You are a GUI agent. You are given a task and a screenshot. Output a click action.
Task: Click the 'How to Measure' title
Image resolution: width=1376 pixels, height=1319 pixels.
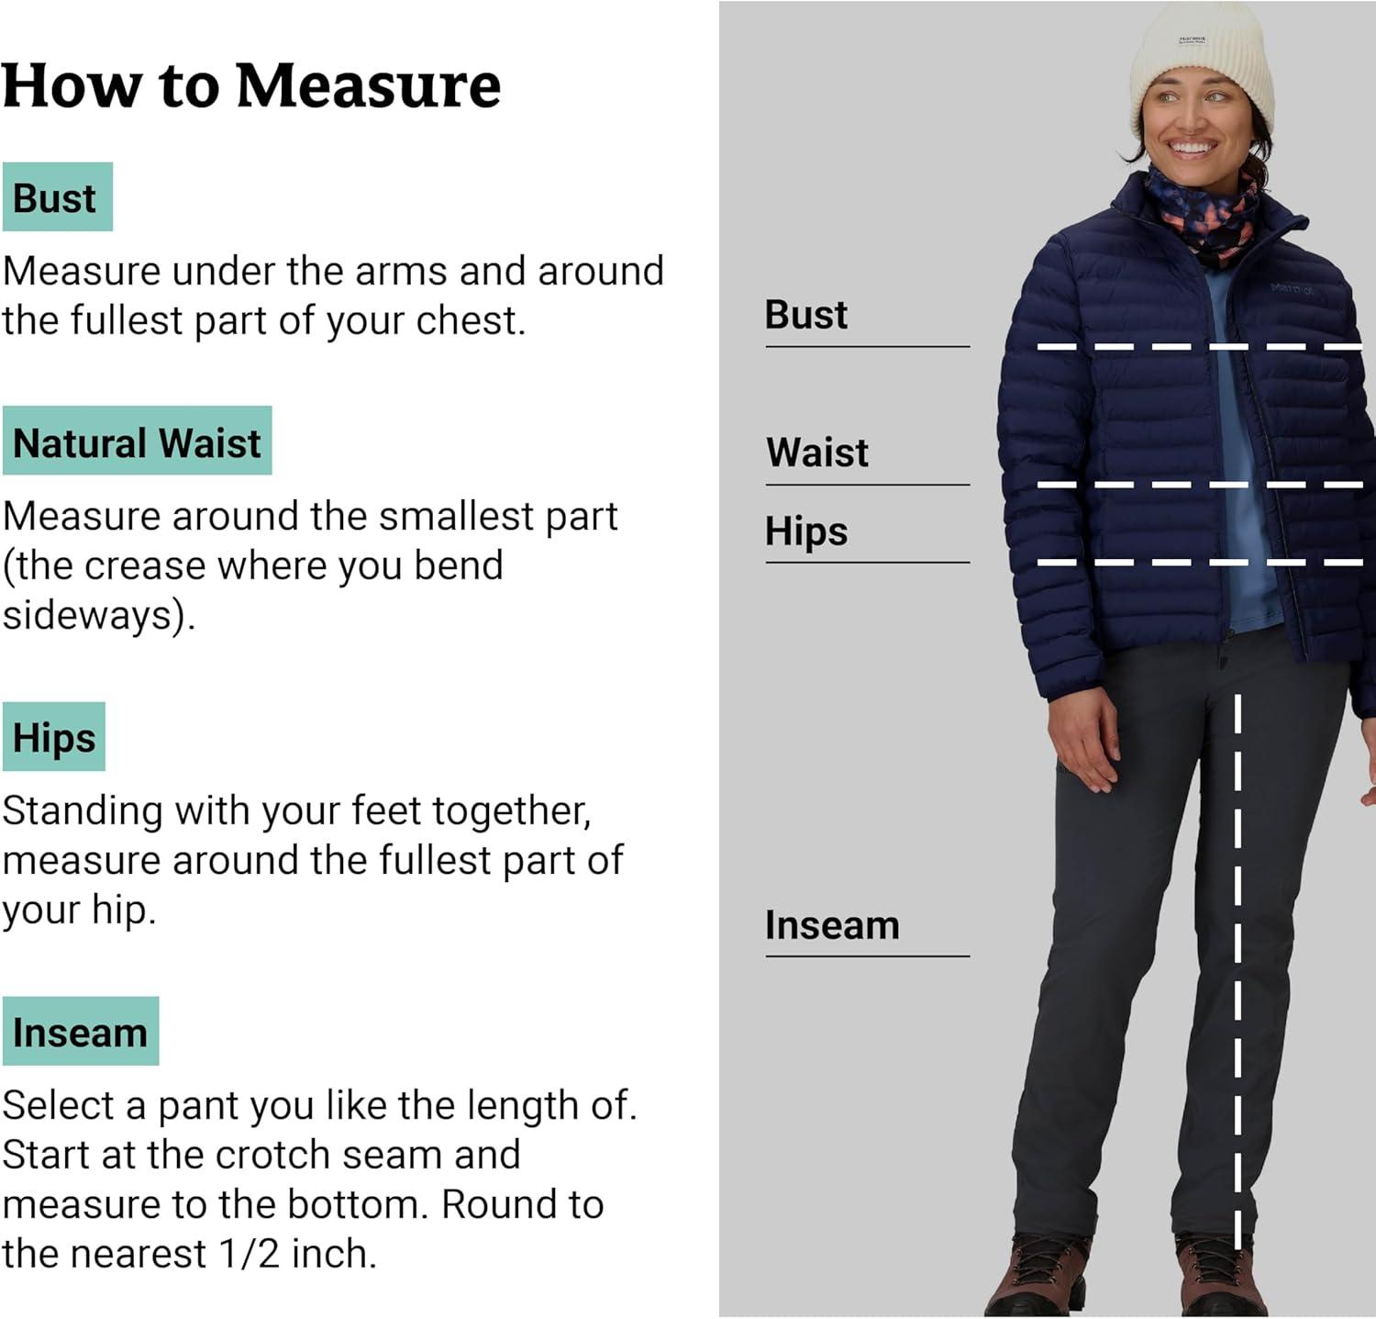[x=250, y=85]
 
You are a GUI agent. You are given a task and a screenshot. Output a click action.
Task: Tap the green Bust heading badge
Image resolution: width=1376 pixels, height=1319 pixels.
[x=57, y=197]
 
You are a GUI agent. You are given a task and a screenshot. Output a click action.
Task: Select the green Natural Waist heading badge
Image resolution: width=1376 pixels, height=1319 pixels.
[x=137, y=442]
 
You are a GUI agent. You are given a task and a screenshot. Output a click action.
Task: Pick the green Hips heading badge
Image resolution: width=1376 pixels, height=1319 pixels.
[x=54, y=737]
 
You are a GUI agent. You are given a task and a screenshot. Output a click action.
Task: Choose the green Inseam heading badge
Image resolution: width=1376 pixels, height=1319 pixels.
[x=80, y=1032]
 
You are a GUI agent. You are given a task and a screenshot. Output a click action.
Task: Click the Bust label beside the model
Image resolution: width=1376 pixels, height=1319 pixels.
[x=805, y=315]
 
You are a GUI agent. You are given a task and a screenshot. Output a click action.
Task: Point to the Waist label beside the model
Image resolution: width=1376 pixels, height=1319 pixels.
[x=816, y=453]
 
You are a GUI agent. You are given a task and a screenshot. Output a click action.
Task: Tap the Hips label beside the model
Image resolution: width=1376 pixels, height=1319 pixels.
[x=805, y=531]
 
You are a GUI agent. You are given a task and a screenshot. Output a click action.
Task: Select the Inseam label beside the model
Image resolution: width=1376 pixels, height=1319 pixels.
[x=831, y=925]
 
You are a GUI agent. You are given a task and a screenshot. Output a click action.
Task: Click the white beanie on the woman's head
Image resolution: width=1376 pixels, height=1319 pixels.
[x=1201, y=64]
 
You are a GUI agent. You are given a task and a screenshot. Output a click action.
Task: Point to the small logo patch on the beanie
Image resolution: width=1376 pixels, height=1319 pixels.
[x=1192, y=40]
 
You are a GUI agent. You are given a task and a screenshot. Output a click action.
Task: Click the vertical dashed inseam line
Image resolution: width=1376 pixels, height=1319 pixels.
[x=1237, y=964]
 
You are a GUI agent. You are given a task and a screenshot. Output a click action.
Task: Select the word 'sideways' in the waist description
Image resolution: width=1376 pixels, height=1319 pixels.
[x=92, y=615]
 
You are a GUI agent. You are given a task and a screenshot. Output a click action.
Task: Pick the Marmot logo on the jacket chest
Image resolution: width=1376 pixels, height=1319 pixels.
[x=1291, y=289]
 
